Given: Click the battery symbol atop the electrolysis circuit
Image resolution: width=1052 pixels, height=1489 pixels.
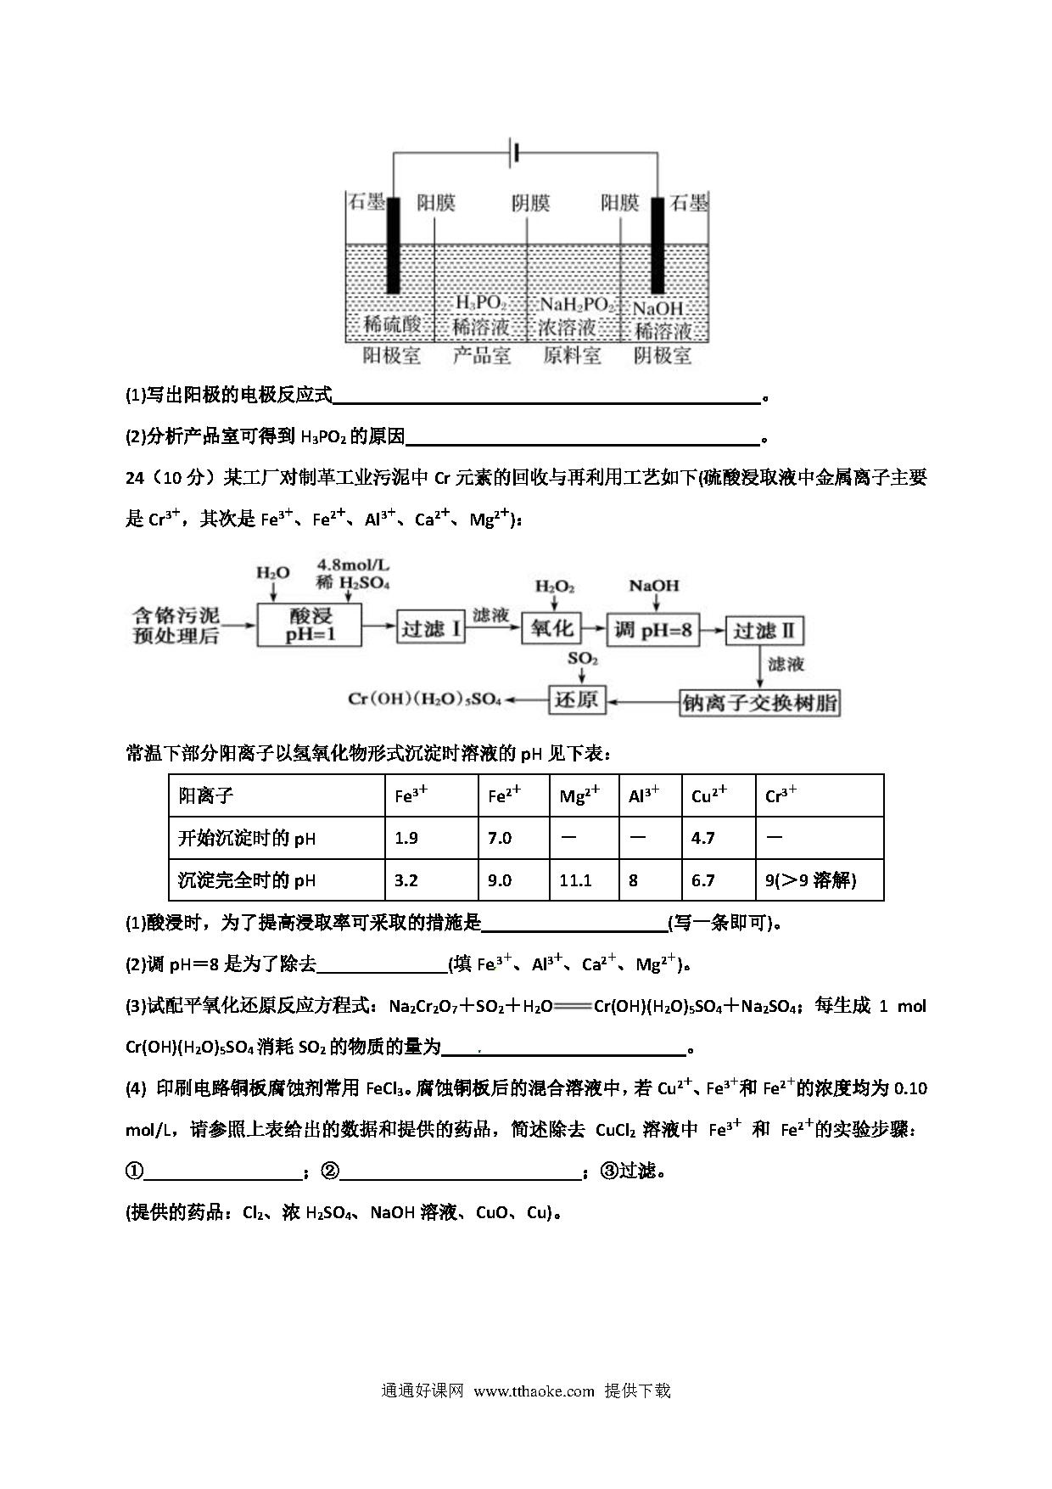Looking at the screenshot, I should (513, 153).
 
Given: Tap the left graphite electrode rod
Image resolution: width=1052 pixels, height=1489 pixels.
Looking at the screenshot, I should (393, 246).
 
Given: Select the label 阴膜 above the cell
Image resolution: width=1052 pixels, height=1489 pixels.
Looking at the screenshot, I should (530, 203).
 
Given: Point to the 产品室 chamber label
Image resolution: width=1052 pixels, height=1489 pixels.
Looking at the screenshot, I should (481, 356).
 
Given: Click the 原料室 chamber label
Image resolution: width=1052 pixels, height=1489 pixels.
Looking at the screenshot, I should (572, 356).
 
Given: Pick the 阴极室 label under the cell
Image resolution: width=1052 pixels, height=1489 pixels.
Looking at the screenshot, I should (663, 356).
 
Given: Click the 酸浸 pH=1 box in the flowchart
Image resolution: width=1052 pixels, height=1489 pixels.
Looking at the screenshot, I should (310, 626).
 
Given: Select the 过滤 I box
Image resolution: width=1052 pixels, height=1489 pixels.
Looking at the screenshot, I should (430, 629).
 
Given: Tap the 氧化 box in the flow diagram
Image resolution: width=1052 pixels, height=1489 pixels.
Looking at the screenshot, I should (551, 628).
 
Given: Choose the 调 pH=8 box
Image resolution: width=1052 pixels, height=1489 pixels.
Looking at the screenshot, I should (652, 630).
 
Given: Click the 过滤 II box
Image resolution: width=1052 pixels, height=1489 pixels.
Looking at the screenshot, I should (764, 631).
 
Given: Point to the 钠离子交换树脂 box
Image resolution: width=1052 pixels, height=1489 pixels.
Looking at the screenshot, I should (760, 703).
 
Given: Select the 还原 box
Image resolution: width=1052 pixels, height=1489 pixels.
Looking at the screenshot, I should (576, 700).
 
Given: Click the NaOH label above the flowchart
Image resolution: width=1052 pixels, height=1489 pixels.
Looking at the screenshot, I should (654, 586).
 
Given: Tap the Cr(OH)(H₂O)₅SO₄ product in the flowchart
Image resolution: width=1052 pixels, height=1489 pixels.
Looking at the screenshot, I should (425, 700).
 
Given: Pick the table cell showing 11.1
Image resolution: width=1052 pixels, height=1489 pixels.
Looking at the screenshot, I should (575, 880).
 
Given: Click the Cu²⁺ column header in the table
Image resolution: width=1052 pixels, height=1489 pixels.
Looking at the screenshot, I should (709, 796).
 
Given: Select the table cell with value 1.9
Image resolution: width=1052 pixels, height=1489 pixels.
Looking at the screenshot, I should (407, 838).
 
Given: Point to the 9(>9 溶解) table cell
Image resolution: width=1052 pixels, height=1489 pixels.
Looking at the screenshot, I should (811, 880).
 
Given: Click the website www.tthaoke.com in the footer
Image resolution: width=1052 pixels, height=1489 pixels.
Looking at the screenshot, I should (534, 1391).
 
